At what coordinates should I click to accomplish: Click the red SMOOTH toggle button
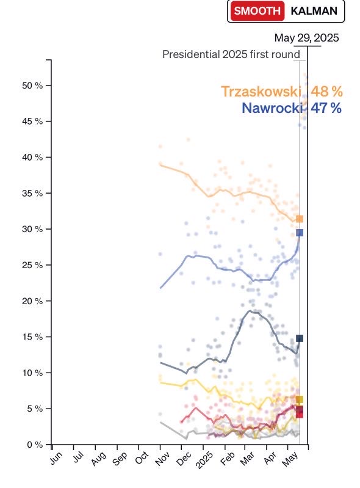click(x=257, y=11)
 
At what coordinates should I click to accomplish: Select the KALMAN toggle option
click(x=314, y=11)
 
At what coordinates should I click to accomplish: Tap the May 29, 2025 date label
click(x=306, y=38)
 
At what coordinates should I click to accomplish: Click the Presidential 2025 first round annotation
click(x=231, y=54)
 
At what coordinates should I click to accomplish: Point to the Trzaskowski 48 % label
click(x=282, y=92)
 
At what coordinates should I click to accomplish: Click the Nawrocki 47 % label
click(x=292, y=108)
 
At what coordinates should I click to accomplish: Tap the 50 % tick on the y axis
click(x=32, y=86)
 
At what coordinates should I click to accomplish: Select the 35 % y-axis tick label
click(x=32, y=193)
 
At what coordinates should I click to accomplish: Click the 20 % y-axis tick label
click(x=32, y=301)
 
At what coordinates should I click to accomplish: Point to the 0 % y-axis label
click(x=35, y=445)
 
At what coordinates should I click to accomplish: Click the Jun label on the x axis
click(x=56, y=458)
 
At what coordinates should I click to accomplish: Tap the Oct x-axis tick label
click(x=142, y=458)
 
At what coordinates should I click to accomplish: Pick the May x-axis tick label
click(x=290, y=459)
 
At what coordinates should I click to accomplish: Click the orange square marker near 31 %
click(x=300, y=219)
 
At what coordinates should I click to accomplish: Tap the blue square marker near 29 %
click(x=300, y=233)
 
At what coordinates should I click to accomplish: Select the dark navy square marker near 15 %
click(x=300, y=338)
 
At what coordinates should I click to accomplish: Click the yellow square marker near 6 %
click(x=300, y=399)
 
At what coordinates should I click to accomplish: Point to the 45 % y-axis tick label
click(x=32, y=122)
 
